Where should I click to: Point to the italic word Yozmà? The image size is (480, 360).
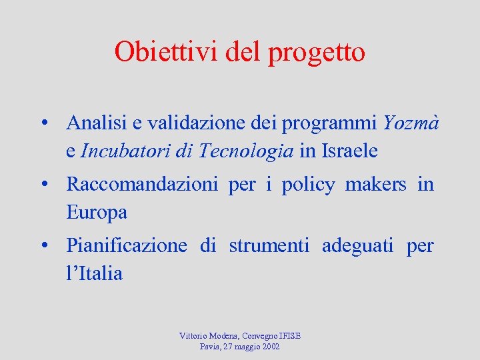pyautogui.click(x=411, y=123)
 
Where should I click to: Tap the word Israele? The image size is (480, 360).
pyautogui.click(x=349, y=151)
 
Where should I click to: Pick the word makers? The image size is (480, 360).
pyautogui.click(x=375, y=185)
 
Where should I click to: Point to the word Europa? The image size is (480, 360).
pyautogui.click(x=97, y=213)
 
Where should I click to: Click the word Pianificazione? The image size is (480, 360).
pyautogui.click(x=127, y=246)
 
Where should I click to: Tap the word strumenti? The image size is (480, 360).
pyautogui.click(x=269, y=246)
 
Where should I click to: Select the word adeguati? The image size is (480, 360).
pyautogui.click(x=358, y=247)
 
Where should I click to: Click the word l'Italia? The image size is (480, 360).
pyautogui.click(x=95, y=273)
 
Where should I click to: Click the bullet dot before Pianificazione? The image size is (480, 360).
pyautogui.click(x=43, y=247)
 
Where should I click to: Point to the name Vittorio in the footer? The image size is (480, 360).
pyautogui.click(x=193, y=336)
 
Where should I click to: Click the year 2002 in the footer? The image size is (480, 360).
pyautogui.click(x=271, y=347)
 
